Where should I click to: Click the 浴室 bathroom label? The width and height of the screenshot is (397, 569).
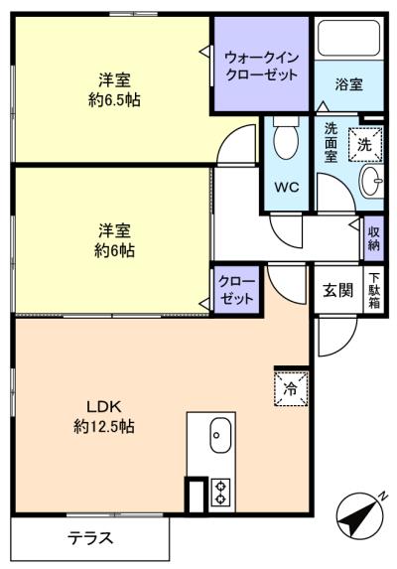[x=348, y=85]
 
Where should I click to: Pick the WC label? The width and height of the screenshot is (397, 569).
[x=287, y=187]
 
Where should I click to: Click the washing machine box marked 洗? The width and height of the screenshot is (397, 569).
[x=364, y=143]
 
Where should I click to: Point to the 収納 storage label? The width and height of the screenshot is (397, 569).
[x=374, y=238]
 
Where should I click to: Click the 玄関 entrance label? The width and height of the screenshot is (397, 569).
[x=337, y=290]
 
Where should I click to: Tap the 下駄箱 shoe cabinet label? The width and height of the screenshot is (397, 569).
[x=374, y=290]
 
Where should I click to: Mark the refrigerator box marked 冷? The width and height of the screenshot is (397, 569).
[x=290, y=387]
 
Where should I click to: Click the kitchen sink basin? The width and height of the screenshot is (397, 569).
[x=219, y=434]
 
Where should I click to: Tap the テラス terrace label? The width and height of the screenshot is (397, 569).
[x=90, y=539]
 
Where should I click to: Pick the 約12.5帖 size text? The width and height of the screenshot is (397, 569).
[x=103, y=426]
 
